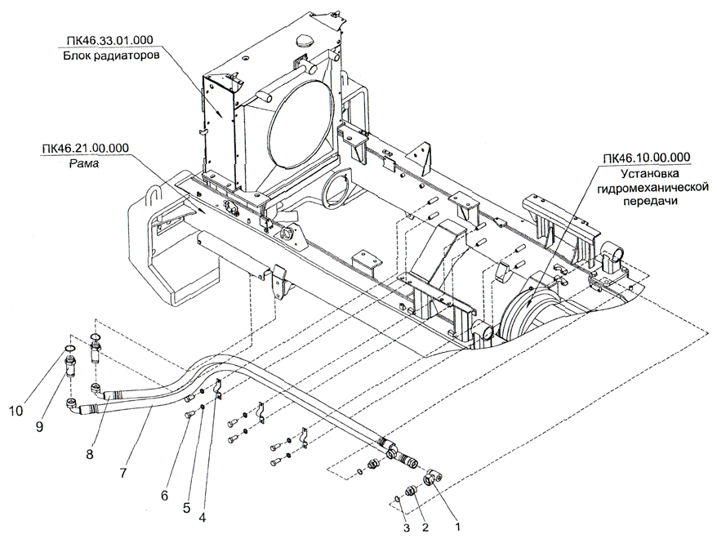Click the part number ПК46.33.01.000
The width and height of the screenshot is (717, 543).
tap(106, 42)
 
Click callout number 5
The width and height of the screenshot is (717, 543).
tap(187, 505)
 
